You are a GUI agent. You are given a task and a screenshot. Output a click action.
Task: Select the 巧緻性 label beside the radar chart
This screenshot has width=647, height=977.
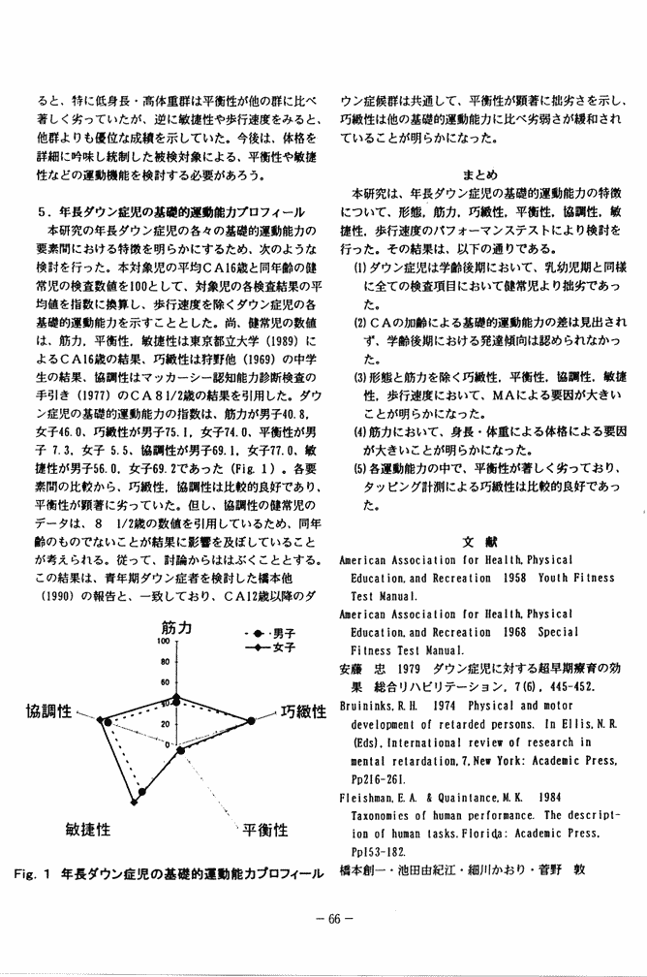tap(302, 713)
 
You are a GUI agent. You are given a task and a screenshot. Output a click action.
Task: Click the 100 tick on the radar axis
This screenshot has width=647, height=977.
tap(165, 642)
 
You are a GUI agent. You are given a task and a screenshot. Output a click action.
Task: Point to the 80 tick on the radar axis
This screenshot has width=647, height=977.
tap(166, 663)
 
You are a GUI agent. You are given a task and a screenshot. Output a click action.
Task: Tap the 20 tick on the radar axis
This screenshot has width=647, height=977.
tap(167, 723)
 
